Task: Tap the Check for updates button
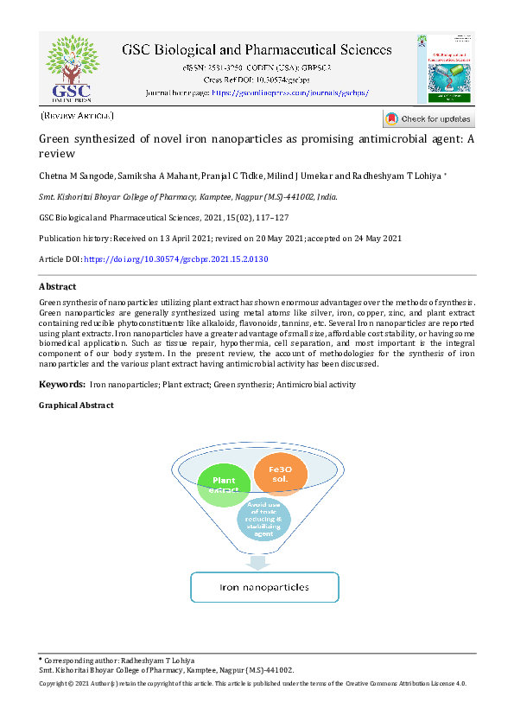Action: (x=428, y=118)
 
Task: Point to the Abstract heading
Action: (x=58, y=286)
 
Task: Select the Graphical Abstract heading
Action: (x=76, y=405)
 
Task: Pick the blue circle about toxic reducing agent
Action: (x=263, y=517)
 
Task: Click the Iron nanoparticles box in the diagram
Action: (x=263, y=587)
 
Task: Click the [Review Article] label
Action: (x=78, y=115)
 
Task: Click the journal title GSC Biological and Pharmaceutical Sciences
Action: (x=257, y=50)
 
